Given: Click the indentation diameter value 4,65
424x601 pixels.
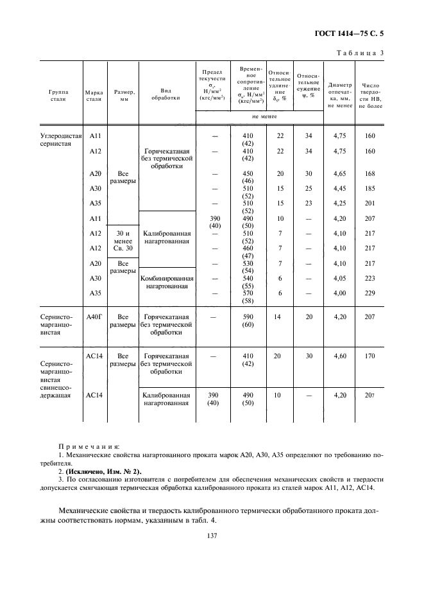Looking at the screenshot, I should click(x=340, y=174).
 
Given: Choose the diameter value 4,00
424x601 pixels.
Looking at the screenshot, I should click(x=340, y=292).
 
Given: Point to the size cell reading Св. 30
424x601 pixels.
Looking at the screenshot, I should click(x=123, y=248).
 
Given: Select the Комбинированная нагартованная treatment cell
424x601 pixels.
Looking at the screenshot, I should click(x=166, y=283).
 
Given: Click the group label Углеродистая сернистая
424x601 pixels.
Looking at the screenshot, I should click(x=62, y=140).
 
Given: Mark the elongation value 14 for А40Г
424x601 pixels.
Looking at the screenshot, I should click(x=278, y=317).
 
